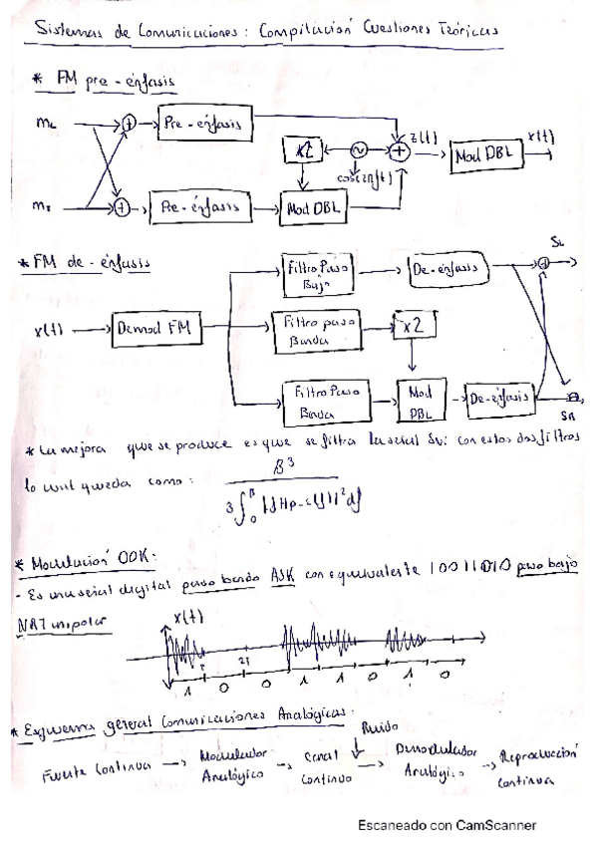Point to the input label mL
click(x=43, y=124)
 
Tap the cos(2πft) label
click(x=360, y=177)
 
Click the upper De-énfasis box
click(x=448, y=269)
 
